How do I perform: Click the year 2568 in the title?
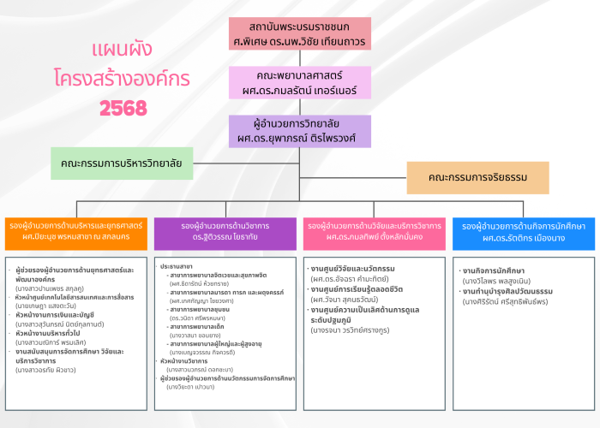click(x=123, y=109)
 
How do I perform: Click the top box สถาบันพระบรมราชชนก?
click(x=300, y=33)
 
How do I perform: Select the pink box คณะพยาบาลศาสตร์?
click(x=300, y=82)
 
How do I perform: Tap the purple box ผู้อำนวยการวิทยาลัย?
click(x=300, y=131)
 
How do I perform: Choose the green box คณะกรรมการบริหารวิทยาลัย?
click(x=122, y=163)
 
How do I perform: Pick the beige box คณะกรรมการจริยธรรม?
click(x=477, y=178)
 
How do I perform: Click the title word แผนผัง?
click(x=123, y=49)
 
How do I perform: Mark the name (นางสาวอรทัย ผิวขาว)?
click(x=52, y=370)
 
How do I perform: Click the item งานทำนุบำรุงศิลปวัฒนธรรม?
click(x=507, y=291)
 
